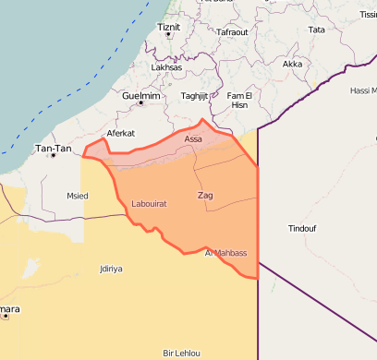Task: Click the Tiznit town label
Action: pos(169,27)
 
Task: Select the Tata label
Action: pos(316,30)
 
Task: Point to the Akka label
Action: pos(292,64)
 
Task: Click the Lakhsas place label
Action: pos(166,67)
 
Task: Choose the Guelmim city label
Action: pos(140,95)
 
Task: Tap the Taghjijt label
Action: pos(195,96)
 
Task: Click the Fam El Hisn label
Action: pos(238,101)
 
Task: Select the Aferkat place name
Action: pos(121,133)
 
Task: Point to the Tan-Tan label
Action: pos(52,148)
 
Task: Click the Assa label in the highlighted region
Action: pos(193,139)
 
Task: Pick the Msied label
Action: pos(78,196)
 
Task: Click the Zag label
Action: pos(205,195)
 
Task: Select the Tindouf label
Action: pos(302,228)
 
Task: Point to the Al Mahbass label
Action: pos(225,252)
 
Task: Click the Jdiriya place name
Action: pos(111,269)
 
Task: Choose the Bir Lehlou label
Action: pos(181,354)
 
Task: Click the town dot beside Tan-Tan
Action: pos(53,155)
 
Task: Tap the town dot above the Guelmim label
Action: pos(140,102)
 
